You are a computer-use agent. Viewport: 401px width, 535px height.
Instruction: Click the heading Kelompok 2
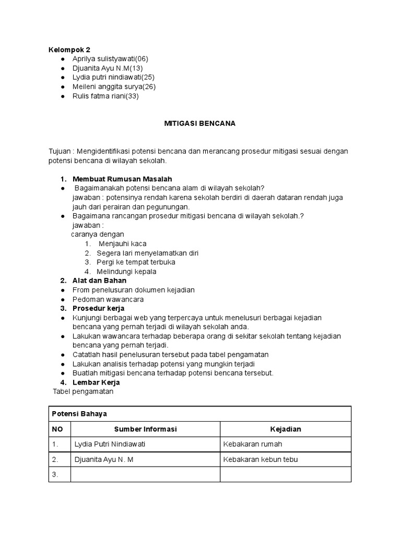coord(69,49)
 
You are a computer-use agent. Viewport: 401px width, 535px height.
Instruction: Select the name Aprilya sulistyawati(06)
coord(111,59)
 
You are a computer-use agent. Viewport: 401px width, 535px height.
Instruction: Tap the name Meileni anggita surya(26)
coord(114,87)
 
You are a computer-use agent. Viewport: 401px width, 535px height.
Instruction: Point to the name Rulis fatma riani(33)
coord(105,96)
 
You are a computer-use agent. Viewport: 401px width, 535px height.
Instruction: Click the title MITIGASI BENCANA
coord(200,124)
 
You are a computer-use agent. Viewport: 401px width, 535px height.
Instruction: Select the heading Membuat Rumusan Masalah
coord(122,179)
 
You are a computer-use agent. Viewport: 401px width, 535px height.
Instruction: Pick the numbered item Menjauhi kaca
coord(122,244)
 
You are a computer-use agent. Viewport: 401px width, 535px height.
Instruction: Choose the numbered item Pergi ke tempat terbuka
coord(136,262)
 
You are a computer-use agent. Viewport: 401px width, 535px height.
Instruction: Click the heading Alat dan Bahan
coord(99,281)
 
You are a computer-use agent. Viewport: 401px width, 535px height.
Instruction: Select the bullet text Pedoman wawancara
coord(108,299)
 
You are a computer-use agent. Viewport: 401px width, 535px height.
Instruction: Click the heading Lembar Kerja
coord(96,382)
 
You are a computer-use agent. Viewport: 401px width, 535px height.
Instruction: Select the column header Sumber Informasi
coord(145,429)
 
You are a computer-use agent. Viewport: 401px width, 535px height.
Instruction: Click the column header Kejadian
coord(285,429)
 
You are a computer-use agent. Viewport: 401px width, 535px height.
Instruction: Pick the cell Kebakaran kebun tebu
coord(260,459)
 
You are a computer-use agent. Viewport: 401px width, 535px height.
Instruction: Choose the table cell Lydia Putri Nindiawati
coord(110,444)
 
